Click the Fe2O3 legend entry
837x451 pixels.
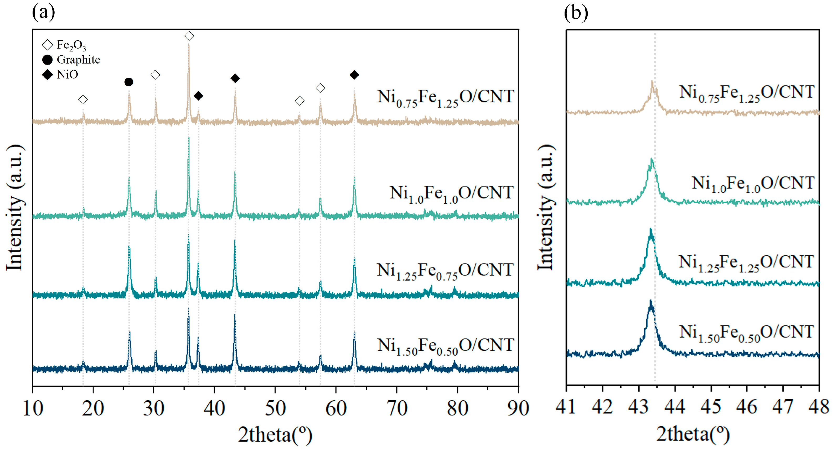pos(64,45)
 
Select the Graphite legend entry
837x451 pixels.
pos(71,60)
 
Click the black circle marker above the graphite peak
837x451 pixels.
pos(129,82)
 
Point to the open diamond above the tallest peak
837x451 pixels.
pos(189,36)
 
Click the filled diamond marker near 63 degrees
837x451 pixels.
pos(354,75)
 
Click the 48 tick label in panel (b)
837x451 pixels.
pos(819,407)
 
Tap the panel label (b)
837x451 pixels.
pos(576,13)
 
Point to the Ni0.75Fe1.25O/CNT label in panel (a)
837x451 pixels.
pos(445,98)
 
